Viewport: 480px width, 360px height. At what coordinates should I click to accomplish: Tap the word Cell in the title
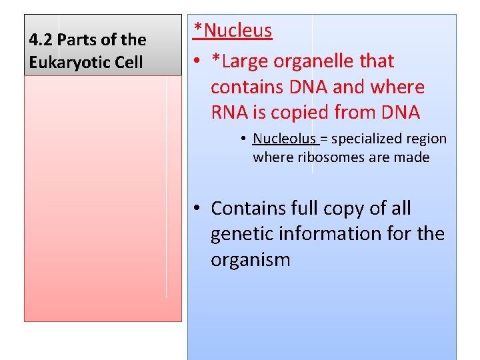pyautogui.click(x=129, y=63)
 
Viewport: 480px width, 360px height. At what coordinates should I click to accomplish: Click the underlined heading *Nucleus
pyautogui.click(x=233, y=30)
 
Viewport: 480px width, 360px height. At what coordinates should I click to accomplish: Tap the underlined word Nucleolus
pyautogui.click(x=284, y=139)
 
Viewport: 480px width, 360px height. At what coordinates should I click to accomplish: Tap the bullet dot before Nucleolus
pyautogui.click(x=245, y=139)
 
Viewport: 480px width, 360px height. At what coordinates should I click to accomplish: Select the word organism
pyautogui.click(x=250, y=259)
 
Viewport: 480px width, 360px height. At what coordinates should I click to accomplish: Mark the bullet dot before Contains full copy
pyautogui.click(x=198, y=209)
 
